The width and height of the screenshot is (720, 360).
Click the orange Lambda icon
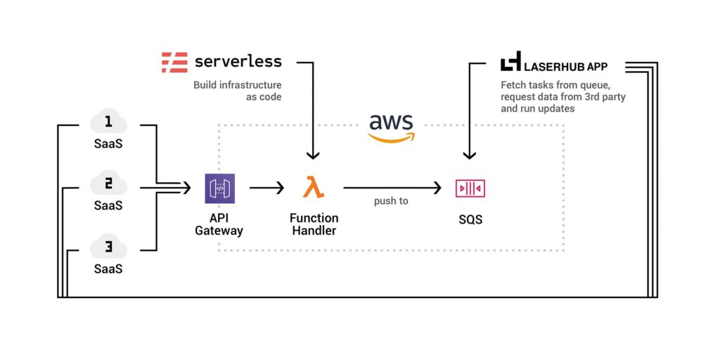[x=314, y=188]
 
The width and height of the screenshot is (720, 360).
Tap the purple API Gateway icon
[x=219, y=188]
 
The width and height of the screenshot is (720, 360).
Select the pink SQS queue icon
[x=470, y=188]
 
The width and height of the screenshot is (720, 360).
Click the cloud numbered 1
[x=108, y=123]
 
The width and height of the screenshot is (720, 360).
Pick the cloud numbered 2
[x=108, y=186]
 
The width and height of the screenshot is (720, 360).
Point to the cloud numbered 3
[x=108, y=248]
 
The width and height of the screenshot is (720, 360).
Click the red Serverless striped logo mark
[x=174, y=62]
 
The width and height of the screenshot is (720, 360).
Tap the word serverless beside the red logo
[x=238, y=62]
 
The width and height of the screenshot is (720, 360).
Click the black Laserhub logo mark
[x=510, y=62]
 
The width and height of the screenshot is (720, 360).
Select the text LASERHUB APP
[x=566, y=66]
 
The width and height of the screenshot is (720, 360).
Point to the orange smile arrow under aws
[x=392, y=137]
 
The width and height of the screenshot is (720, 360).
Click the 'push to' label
[x=391, y=201]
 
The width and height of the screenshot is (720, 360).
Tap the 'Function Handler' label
[x=314, y=224]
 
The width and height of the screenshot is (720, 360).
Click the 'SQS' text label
[x=470, y=219]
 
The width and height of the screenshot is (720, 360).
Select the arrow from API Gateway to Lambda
[x=266, y=188]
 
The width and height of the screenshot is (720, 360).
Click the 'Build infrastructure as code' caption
[x=238, y=91]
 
